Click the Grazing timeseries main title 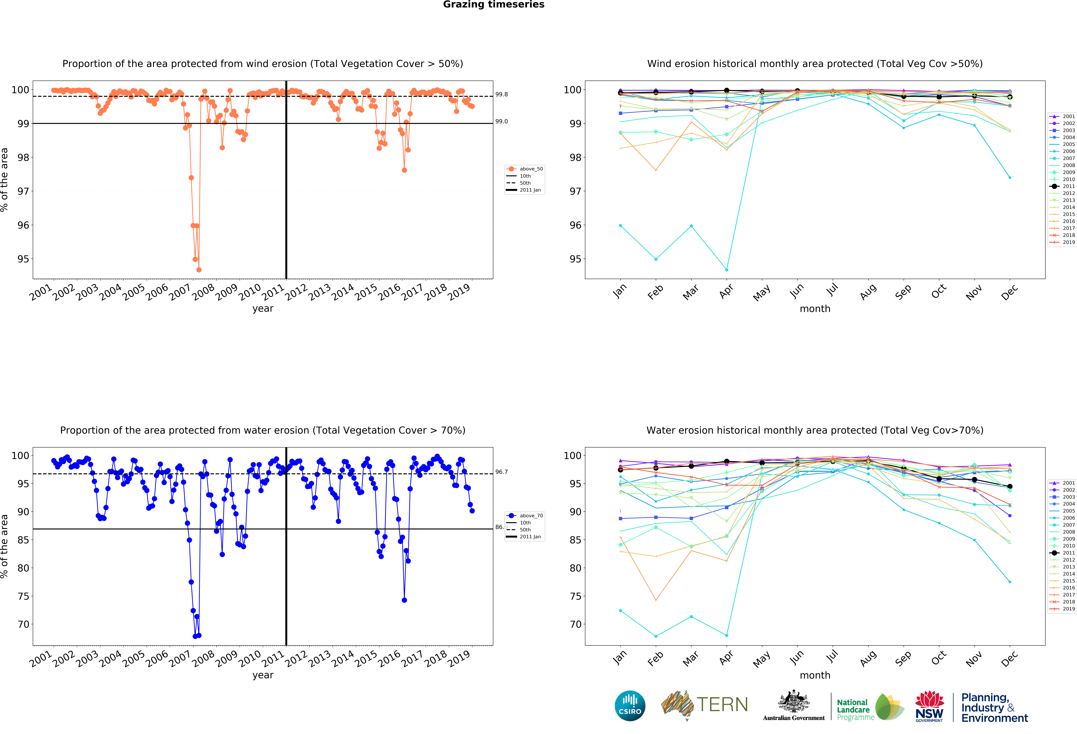494,5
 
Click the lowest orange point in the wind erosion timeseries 199,270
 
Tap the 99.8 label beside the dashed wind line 501,95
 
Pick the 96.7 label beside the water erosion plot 501,472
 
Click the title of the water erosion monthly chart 815,430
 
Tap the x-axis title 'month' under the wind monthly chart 815,309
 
